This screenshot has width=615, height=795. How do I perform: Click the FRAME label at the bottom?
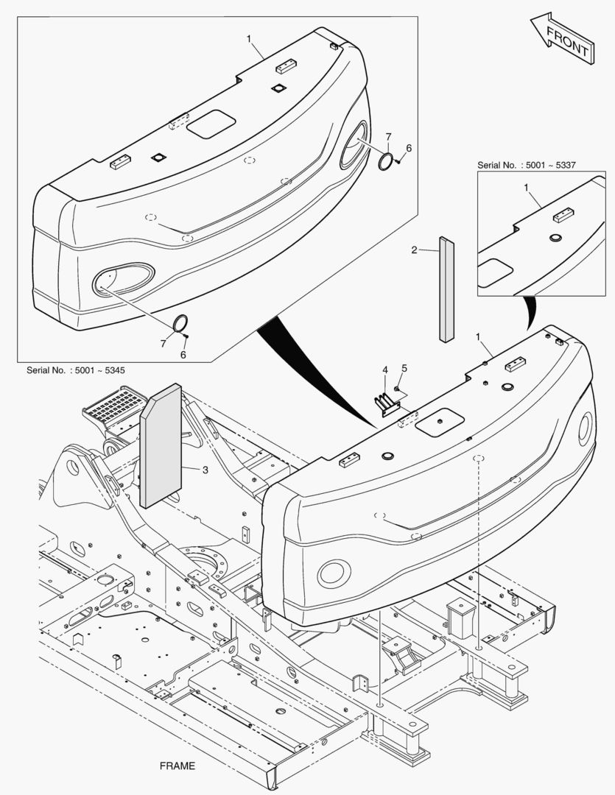[178, 766]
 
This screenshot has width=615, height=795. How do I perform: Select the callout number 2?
[415, 250]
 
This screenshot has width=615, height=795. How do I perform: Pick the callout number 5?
[404, 368]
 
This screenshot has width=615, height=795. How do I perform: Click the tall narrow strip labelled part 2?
[447, 290]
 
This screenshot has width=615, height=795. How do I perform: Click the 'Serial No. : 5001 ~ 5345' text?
[76, 370]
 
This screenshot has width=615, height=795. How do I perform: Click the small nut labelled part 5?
[397, 389]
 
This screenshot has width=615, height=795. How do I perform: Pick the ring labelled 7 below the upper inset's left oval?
[180, 324]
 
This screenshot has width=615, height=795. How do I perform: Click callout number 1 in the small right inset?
[527, 188]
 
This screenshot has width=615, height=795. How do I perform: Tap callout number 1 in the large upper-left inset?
[249, 38]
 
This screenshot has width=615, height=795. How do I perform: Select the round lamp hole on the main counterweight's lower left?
[334, 573]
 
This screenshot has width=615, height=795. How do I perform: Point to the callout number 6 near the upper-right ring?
[409, 148]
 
